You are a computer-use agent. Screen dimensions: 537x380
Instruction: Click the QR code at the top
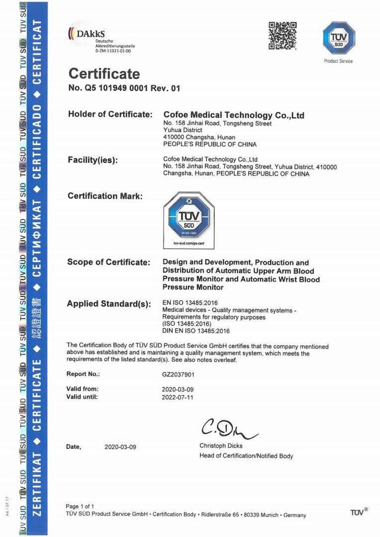coord(283,35)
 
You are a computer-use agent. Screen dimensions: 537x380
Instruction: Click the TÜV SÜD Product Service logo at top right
coord(339,38)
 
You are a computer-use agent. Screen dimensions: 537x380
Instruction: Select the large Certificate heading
coord(104,74)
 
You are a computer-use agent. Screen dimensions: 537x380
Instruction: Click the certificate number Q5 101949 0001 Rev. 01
coord(124,89)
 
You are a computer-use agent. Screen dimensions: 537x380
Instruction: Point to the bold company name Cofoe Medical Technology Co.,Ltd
coord(234,115)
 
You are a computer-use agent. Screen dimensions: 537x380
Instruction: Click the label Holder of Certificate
coord(110,114)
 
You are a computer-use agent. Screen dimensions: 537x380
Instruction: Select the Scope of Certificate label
coord(108,262)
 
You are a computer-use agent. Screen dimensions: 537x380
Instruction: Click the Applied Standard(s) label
coord(108,304)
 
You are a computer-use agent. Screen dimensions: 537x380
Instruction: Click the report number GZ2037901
coord(178,373)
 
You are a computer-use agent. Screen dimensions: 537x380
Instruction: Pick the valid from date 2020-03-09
coord(178,389)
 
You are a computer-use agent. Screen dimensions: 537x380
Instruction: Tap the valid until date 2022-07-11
coord(178,397)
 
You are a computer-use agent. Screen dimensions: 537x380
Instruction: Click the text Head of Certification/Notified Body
coord(246,455)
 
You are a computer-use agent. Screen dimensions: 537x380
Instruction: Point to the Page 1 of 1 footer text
coord(80,506)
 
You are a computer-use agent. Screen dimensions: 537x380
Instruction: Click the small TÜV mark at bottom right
coord(359,512)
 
